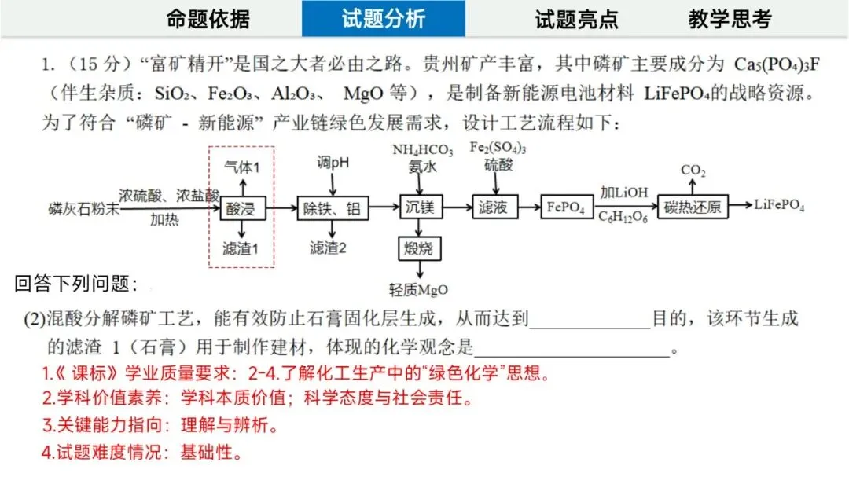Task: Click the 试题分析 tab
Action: (383, 19)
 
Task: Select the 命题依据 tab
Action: (208, 19)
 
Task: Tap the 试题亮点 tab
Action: (576, 19)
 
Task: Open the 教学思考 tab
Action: (730, 19)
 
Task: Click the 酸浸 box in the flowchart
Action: (242, 207)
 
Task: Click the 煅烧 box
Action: (420, 250)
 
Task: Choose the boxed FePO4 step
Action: (566, 207)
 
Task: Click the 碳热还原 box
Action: (692, 207)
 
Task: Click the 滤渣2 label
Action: (329, 248)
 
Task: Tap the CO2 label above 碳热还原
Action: (693, 170)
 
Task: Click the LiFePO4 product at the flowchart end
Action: (779, 206)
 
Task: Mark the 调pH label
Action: (333, 162)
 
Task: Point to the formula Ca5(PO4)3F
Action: (776, 64)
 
